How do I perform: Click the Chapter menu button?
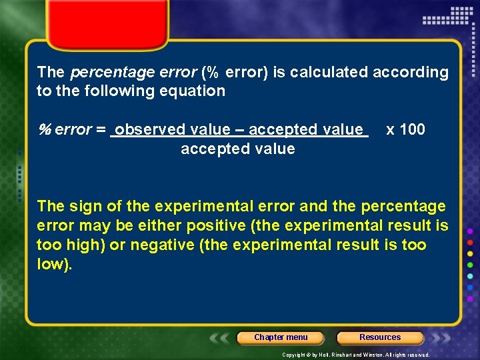pyautogui.click(x=281, y=337)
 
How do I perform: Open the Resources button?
pyautogui.click(x=380, y=337)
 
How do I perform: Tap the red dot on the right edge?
pyautogui.click(x=470, y=241)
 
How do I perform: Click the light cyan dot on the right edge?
pyautogui.click(x=470, y=275)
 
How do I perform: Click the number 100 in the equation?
pyautogui.click(x=413, y=129)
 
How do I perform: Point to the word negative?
pyautogui.click(x=163, y=245)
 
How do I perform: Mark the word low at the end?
pyautogui.click(x=51, y=264)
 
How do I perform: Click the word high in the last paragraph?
pyautogui.click(x=84, y=245)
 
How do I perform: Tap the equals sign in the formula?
pyautogui.click(x=101, y=129)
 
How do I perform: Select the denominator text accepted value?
pyautogui.click(x=237, y=149)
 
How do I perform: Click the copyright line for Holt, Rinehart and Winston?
pyautogui.click(x=355, y=355)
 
